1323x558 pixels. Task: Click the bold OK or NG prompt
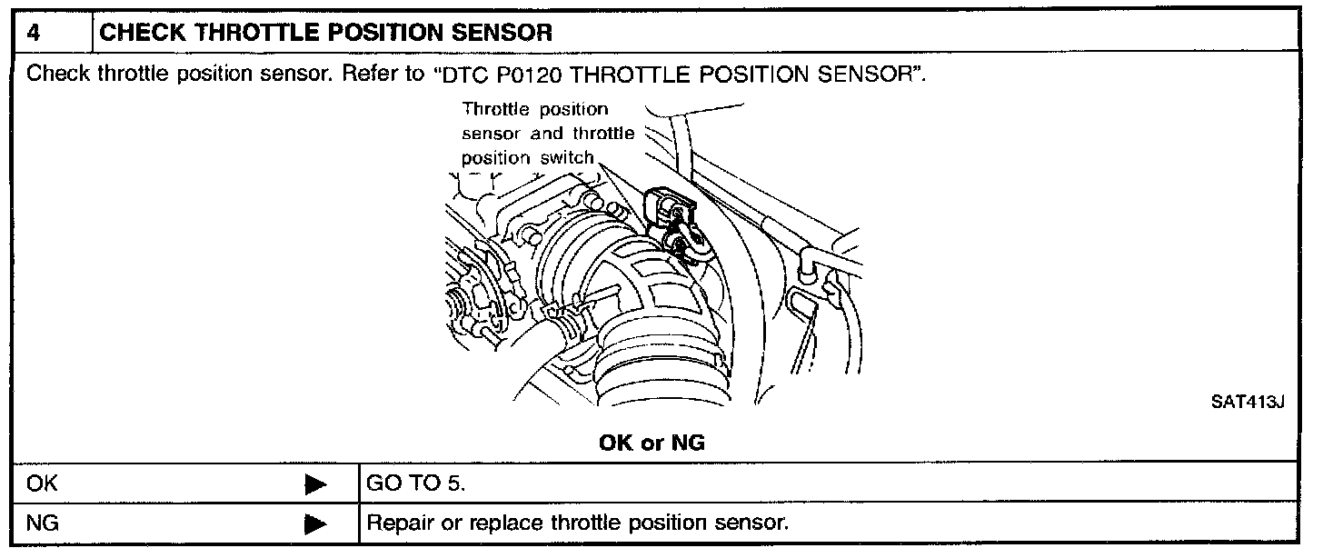coord(652,443)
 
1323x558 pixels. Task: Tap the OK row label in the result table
coord(42,483)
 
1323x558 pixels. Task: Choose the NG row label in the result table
coord(43,523)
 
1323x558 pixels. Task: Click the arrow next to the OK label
coord(315,484)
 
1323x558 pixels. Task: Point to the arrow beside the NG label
coord(315,524)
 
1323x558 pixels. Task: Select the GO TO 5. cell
coord(415,483)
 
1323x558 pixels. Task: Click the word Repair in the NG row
coord(396,524)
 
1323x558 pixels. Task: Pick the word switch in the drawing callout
coord(567,158)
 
